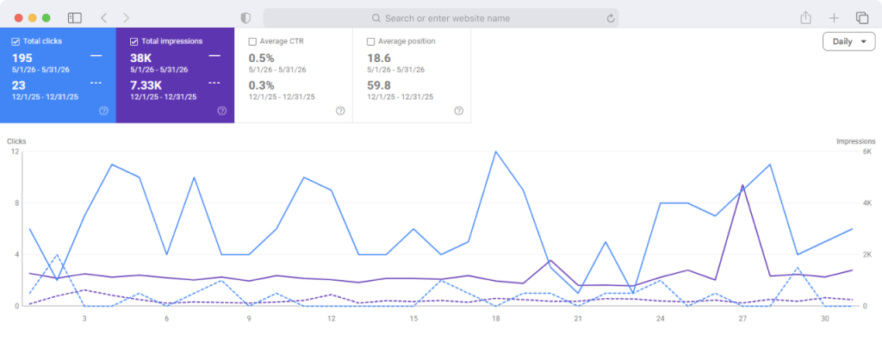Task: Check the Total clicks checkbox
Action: click(x=16, y=41)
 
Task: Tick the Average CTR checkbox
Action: click(x=252, y=41)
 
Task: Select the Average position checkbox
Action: click(x=370, y=41)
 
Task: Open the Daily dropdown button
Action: click(x=848, y=41)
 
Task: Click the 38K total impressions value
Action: click(x=140, y=58)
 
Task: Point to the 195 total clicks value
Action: click(x=22, y=58)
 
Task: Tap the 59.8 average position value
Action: click(x=379, y=85)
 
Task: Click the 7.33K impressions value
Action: click(x=146, y=85)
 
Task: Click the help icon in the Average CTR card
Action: click(x=340, y=111)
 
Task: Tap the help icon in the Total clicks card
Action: click(x=103, y=111)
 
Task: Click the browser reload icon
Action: click(x=611, y=18)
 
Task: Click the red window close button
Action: click(x=19, y=18)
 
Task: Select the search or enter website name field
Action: click(x=441, y=18)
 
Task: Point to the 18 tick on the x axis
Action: click(x=495, y=319)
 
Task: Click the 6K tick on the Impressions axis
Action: click(x=866, y=152)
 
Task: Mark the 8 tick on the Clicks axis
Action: click(x=16, y=203)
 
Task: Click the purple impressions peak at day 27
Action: click(x=742, y=185)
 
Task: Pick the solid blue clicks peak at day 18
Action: click(x=495, y=152)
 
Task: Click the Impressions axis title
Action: click(x=855, y=141)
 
